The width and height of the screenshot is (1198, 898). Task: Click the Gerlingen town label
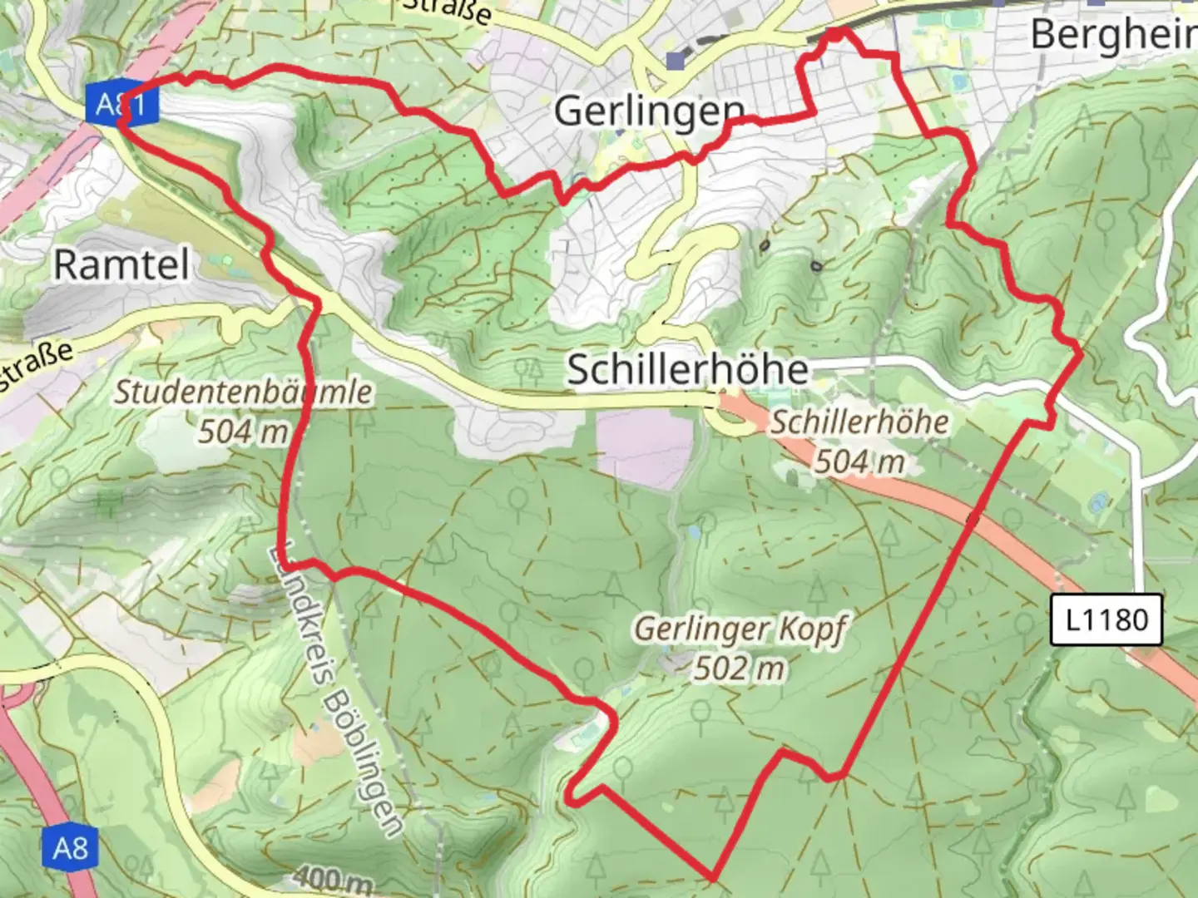[x=649, y=111]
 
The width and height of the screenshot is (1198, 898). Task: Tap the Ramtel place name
[x=121, y=264]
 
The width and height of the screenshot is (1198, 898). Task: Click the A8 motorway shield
[x=70, y=848]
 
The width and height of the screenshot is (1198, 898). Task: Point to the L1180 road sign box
[x=1106, y=619]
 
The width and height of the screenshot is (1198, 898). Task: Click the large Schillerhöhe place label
[x=687, y=369]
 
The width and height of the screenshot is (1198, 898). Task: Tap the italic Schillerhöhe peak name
[x=859, y=422]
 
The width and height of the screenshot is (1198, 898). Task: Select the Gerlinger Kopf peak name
[x=740, y=629]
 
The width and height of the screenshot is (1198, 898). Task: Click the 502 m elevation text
[x=740, y=668]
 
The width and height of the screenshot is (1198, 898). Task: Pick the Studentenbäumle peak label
[x=243, y=392]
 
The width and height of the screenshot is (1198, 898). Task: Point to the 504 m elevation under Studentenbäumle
[x=243, y=432]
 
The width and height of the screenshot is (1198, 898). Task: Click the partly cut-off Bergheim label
[x=1113, y=35]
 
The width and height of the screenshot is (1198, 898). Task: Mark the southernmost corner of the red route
[x=713, y=877]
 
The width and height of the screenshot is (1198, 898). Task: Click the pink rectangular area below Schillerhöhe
[x=645, y=449]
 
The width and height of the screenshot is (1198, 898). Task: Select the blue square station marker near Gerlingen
[x=676, y=61]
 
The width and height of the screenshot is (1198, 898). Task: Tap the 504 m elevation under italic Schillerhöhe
[x=859, y=461]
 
